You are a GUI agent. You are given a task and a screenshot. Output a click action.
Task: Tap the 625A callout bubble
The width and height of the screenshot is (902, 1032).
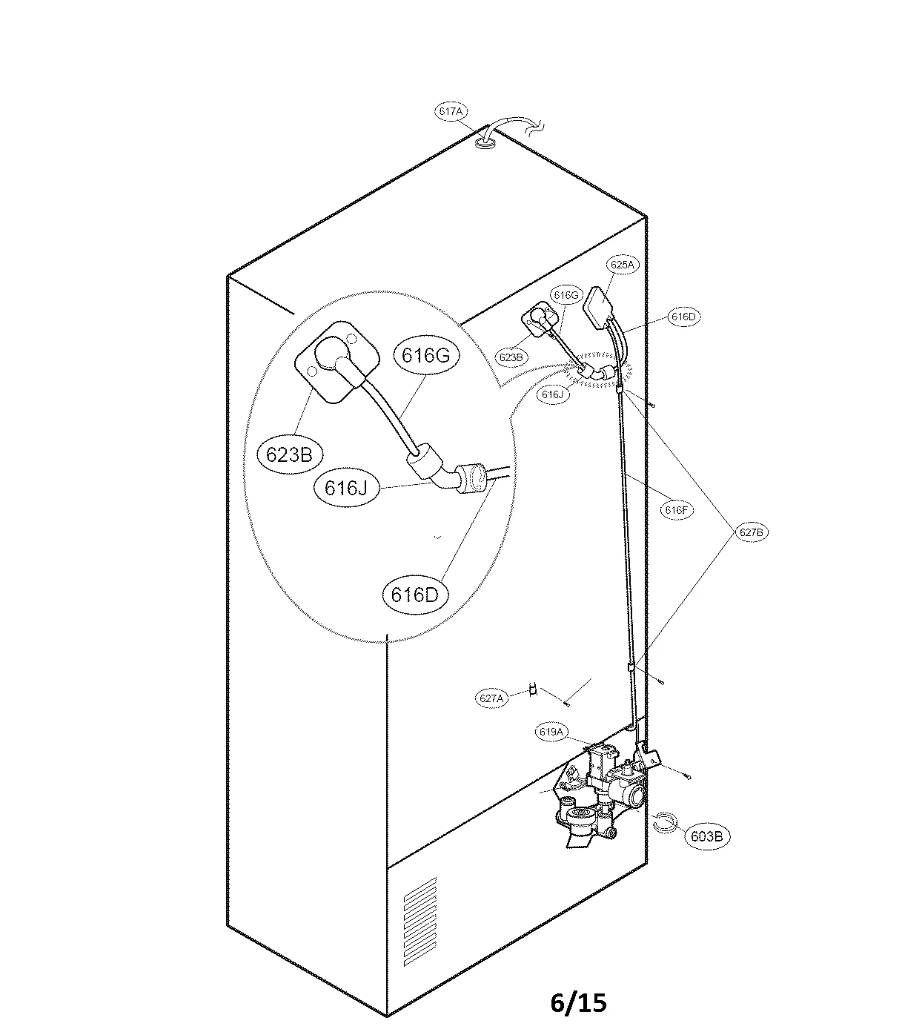623,265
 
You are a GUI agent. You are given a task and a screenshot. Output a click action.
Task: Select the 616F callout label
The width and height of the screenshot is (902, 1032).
677,510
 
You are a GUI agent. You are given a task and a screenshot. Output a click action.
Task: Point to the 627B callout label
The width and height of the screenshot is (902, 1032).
751,532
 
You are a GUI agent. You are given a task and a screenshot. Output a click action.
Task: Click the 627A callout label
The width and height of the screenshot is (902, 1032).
491,698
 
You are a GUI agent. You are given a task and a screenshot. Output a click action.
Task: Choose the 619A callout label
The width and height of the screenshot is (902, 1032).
551,732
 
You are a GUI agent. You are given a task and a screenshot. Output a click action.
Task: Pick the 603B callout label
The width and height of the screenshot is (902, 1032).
706,836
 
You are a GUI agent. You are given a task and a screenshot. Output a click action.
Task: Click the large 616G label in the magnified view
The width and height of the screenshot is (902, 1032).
426,355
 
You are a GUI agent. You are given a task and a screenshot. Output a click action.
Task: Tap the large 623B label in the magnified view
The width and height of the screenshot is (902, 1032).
288,454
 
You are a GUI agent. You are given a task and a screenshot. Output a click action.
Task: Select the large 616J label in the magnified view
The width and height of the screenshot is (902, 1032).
347,488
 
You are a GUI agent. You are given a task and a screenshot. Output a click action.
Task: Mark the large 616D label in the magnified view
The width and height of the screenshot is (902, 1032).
415,594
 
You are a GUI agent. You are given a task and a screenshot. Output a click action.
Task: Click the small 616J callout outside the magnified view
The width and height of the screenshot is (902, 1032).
553,394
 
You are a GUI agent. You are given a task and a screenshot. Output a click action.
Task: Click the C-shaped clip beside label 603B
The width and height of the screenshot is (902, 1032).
665,821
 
